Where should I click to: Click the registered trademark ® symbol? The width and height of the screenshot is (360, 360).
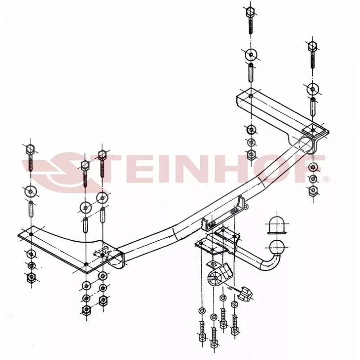coord(326,179)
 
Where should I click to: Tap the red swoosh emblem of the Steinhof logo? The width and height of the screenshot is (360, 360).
coord(58,170)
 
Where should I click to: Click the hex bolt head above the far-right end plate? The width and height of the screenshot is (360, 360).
coord(312,46)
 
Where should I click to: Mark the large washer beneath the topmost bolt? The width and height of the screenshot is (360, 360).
coord(251,56)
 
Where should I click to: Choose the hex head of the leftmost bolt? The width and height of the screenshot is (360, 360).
coord(30,149)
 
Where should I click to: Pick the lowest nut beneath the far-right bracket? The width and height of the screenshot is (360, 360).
coord(312,190)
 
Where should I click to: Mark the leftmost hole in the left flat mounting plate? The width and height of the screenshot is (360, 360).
coord(30,235)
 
